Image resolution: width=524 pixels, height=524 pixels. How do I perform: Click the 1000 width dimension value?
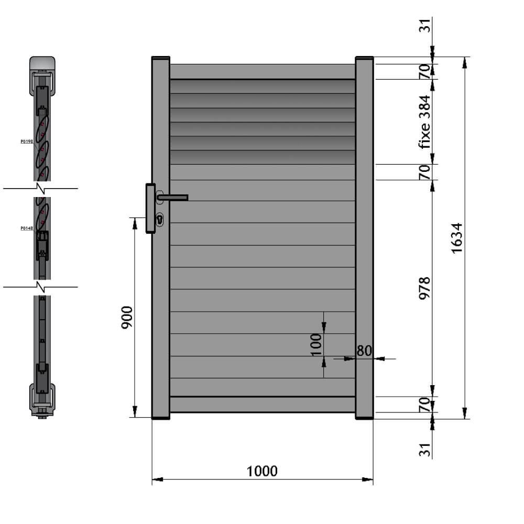(262, 471)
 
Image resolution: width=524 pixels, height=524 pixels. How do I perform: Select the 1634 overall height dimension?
(456, 238)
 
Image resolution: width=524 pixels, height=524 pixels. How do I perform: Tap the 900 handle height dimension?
(127, 318)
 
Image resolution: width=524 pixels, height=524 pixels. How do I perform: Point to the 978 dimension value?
(424, 288)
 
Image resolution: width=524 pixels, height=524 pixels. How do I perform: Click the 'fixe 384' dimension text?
(424, 122)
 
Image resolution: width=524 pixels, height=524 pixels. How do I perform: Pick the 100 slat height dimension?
(315, 344)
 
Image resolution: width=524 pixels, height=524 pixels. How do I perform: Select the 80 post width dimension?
(364, 351)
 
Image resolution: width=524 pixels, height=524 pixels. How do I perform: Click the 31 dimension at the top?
(424, 25)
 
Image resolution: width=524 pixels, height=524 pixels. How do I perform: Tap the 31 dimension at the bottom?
(424, 450)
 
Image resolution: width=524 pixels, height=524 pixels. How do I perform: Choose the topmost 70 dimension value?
(424, 71)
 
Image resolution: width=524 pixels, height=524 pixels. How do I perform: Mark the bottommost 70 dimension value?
(424, 405)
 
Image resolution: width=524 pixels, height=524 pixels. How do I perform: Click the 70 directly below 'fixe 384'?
(424, 172)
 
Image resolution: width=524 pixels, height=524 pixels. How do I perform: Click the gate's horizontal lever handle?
(173, 198)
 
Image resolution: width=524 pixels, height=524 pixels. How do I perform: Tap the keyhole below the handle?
(159, 219)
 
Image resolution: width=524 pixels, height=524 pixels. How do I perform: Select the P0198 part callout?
(27, 141)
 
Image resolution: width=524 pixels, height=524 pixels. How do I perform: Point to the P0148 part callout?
(27, 228)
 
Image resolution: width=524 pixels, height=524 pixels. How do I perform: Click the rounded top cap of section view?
(42, 63)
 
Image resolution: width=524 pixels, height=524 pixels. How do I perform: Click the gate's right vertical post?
(364, 236)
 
